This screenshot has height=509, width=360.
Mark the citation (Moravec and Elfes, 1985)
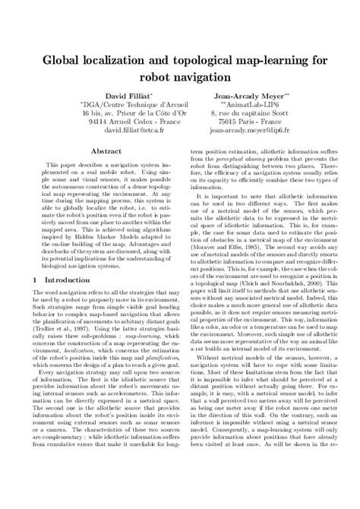[228, 289]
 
